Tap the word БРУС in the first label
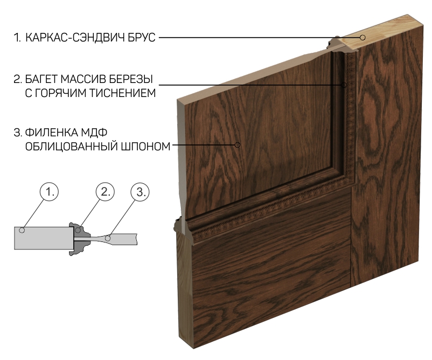pos(142,38)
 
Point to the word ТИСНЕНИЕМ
pos(122,93)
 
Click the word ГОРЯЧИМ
pos(61,93)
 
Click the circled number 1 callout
pos(50,191)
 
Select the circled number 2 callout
pos(105,191)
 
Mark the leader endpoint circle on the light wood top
pos(363,37)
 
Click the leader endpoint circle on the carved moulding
pos(344,85)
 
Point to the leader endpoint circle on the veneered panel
pos(238,145)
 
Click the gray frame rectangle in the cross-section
pos(44,238)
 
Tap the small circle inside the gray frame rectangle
pos(22,230)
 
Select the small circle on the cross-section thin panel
pos(109,238)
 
